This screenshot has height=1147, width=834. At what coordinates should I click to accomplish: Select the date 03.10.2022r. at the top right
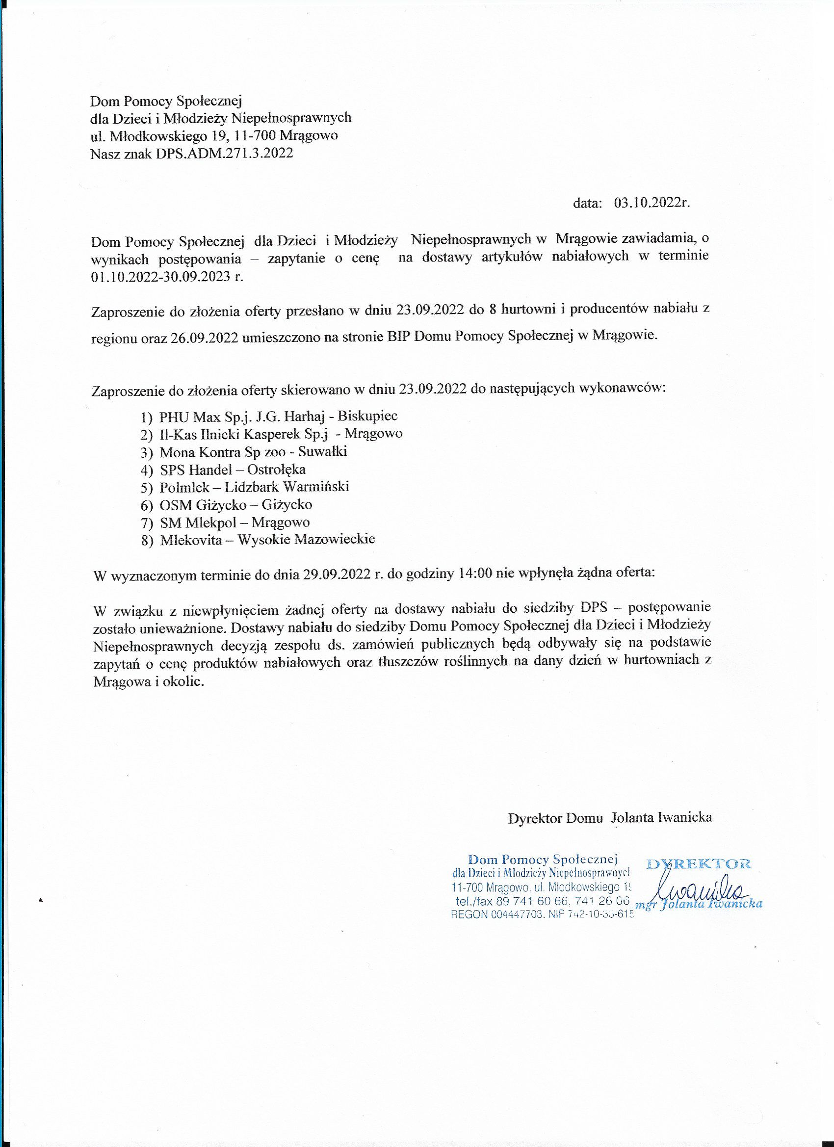pyautogui.click(x=652, y=203)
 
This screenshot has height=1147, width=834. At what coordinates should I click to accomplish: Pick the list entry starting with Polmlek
pyautogui.click(x=255, y=487)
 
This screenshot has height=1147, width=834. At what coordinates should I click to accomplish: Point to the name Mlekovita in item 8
pyautogui.click(x=191, y=540)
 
